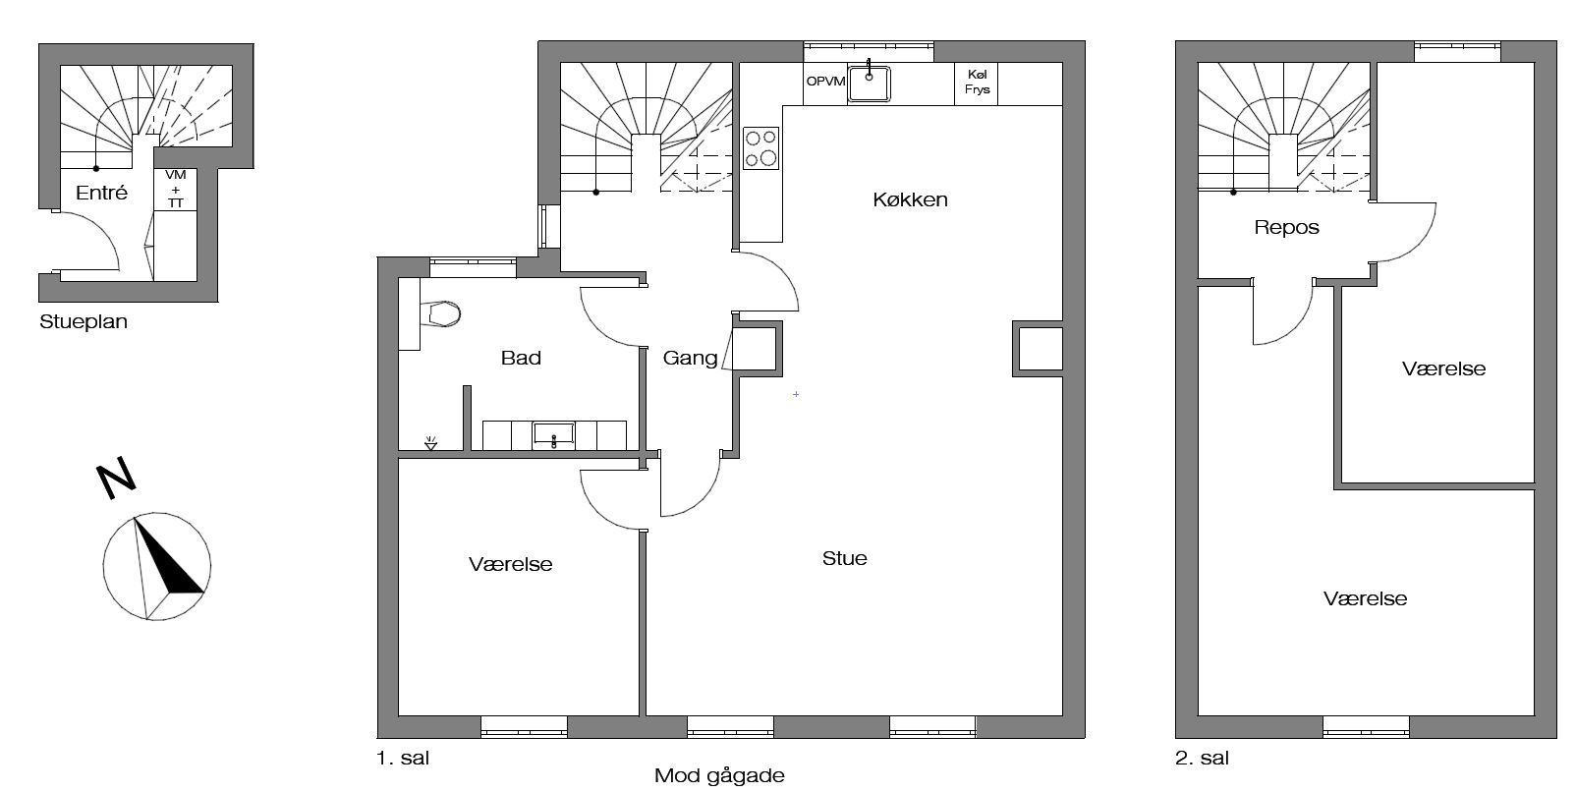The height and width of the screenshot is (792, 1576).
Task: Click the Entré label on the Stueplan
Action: pos(101,193)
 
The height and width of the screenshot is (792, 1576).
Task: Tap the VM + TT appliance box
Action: pos(175,190)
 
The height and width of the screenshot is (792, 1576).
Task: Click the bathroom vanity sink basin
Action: pos(554,434)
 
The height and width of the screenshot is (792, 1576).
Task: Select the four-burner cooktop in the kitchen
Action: pos(760,148)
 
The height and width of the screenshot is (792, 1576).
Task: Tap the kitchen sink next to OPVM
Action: pos(869,84)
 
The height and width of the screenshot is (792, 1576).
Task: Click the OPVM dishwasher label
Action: pos(825,82)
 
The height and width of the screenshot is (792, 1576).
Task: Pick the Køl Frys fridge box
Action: pos(977,84)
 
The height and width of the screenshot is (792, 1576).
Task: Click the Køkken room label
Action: pos(910,199)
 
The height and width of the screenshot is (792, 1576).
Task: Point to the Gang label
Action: pos(690,359)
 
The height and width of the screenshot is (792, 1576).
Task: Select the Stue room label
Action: pos(844,558)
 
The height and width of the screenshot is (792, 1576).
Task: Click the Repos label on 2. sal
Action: pos(1286,227)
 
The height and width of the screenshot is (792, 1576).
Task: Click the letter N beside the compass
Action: pos(115,478)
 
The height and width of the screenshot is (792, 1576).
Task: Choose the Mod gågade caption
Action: pos(719,776)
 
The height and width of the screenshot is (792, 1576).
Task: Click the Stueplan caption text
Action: pos(83,322)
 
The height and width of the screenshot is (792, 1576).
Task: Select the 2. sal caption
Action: pos(1202,759)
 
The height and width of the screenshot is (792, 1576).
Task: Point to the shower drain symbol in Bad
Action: pos(430,443)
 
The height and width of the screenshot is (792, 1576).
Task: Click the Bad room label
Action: pos(521,358)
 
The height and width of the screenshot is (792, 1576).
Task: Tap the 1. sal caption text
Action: pos(403,759)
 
